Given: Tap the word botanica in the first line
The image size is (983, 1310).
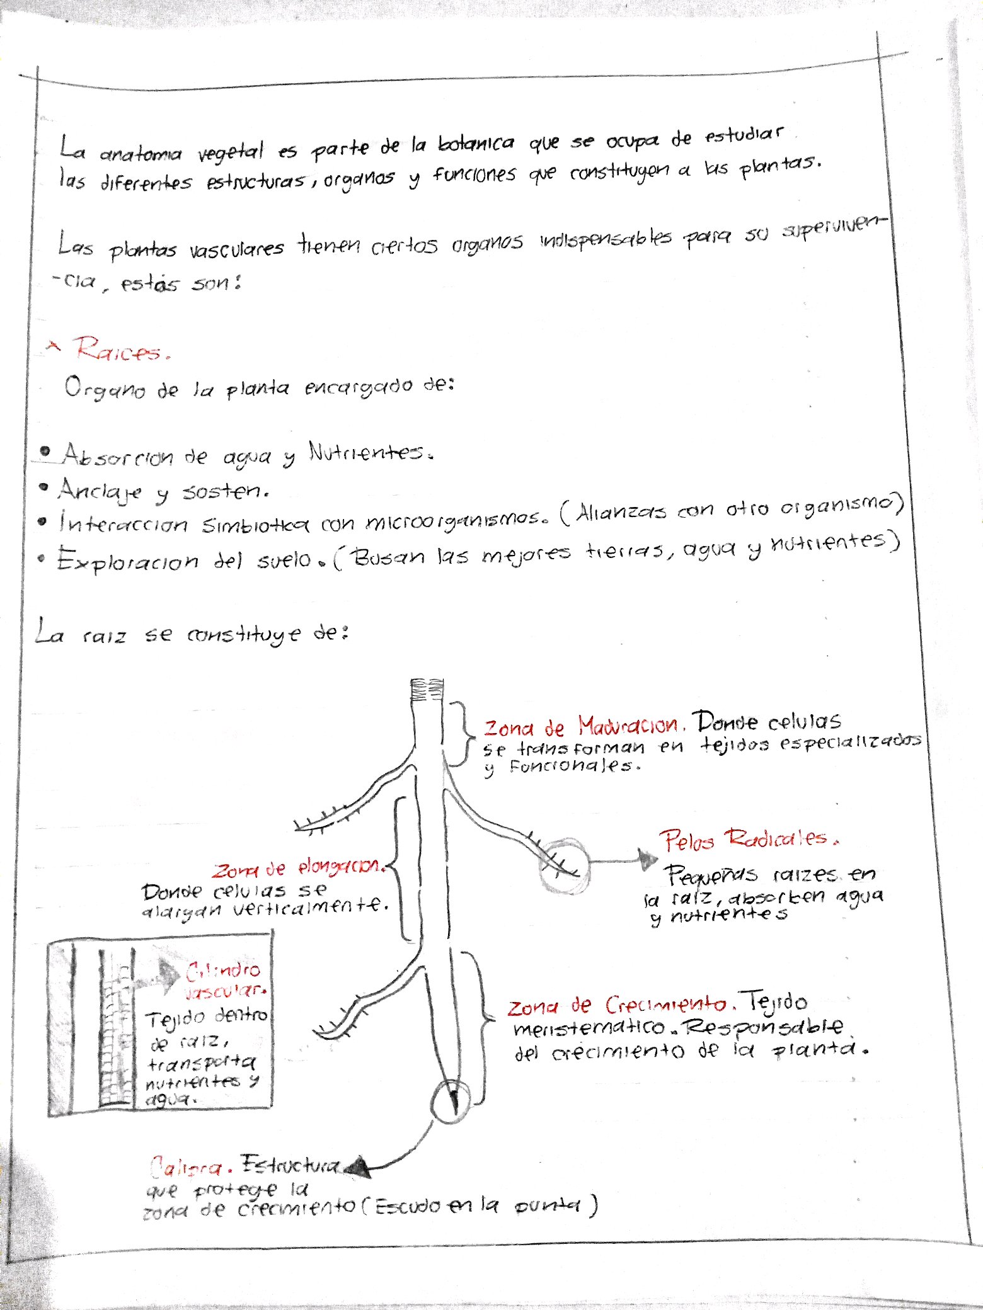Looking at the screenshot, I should pos(476,144).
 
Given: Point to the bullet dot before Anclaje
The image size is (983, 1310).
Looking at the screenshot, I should pos(43,487).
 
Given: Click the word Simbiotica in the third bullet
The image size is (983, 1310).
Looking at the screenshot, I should pos(255,524).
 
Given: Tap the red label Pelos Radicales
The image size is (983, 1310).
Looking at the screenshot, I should pos(749,839).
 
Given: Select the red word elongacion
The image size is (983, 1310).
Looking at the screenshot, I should pos(341,867).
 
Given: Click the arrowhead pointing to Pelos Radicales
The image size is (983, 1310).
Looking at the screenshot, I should pos(647,860).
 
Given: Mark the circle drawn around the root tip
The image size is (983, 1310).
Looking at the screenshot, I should pos(451,1102).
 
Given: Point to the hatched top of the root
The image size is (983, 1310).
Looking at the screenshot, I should pos(427,690).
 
